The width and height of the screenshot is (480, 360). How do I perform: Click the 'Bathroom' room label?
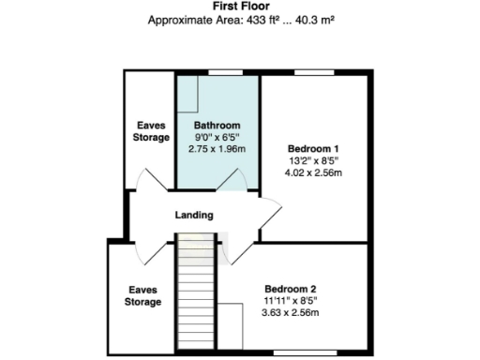click(217, 126)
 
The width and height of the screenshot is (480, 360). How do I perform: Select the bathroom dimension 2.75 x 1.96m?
click(217, 149)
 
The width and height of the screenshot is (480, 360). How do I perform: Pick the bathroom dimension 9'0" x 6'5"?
click(217, 137)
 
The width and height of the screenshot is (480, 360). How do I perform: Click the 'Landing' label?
click(194, 215)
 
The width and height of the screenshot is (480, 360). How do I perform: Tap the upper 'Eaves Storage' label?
click(150, 131)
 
